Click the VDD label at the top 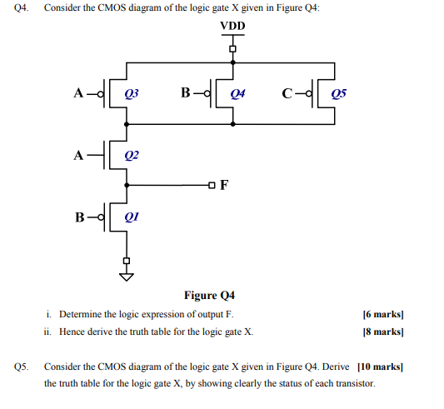(x=232, y=27)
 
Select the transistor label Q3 (x=130, y=93)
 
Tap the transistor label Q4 (x=237, y=93)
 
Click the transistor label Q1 (x=130, y=218)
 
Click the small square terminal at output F (x=212, y=185)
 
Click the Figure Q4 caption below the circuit (x=209, y=296)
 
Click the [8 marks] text (x=382, y=331)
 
